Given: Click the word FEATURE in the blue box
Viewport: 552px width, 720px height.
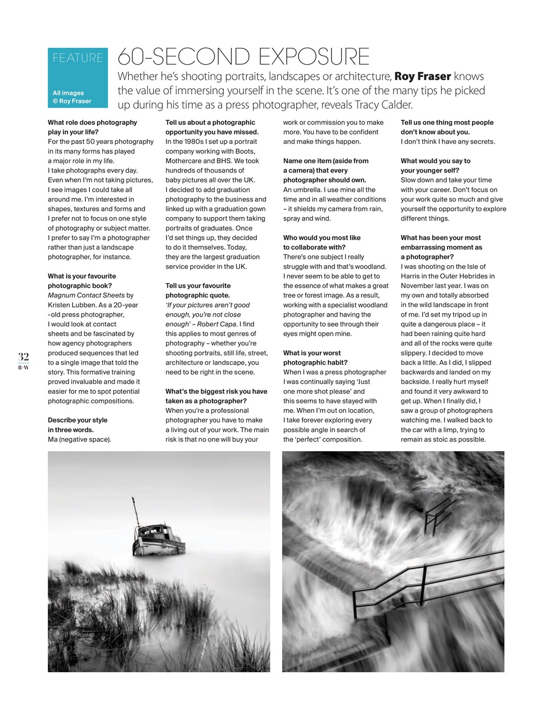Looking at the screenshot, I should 78,58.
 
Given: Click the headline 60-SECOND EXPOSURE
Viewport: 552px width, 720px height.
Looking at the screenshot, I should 243,57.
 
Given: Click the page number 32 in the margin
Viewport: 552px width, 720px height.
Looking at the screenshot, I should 23,356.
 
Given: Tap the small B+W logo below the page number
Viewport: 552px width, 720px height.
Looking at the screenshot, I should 23,367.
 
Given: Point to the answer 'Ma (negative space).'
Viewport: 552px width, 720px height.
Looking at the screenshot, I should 79,439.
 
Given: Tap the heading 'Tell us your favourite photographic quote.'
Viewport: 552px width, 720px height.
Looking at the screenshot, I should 198,290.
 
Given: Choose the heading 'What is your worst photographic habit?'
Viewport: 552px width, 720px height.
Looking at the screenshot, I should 315,358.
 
